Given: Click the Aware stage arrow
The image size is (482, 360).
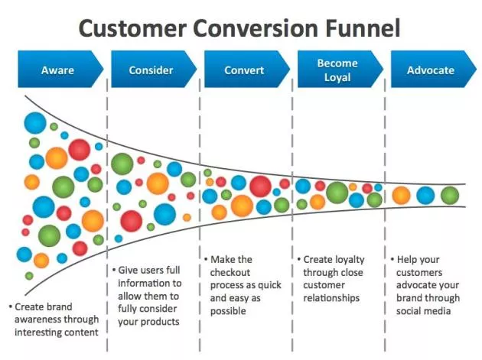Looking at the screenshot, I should coord(58,70).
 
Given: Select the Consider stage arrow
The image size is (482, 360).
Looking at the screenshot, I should coord(151,70).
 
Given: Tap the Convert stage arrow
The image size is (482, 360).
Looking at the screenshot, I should coord(244,70).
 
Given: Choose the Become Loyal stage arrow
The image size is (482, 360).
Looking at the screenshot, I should coord(337,70).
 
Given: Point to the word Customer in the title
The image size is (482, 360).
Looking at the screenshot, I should coord(130,28).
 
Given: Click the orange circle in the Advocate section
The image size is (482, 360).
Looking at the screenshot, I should coord(401,196).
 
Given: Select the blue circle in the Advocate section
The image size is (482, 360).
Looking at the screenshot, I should coord(425,196).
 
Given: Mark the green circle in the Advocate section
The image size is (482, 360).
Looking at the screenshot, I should coord(450,196).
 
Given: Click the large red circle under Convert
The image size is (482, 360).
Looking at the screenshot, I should coord(260,186).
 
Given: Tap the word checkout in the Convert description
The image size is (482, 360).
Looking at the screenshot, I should coord(233,273).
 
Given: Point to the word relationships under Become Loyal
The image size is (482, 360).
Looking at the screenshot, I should coord(332,297).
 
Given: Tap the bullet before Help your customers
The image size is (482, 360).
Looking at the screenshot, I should coord(392,260).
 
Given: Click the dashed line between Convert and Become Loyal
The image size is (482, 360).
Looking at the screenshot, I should coord(292,229).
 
